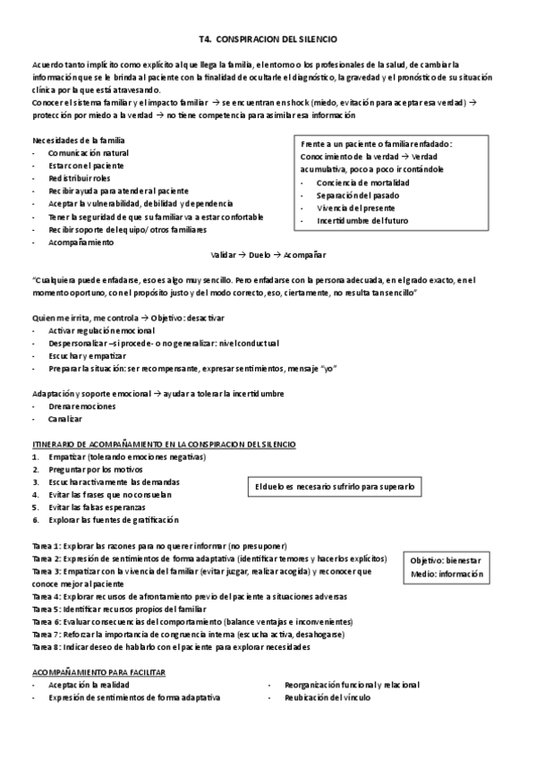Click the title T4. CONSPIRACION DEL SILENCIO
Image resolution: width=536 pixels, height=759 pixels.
[268, 39]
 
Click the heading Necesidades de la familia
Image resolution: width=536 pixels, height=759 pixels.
[79, 141]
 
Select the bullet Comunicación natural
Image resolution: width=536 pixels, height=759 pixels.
[89, 153]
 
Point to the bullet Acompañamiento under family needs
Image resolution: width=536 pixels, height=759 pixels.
[81, 242]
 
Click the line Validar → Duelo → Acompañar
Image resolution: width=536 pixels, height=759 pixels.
[268, 254]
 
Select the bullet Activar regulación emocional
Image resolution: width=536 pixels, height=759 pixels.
[102, 331]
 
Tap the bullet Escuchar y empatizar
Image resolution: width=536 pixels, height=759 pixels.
[88, 356]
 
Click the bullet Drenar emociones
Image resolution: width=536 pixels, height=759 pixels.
[82, 406]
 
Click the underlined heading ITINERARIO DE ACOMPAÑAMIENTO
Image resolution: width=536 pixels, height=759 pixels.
[164, 444]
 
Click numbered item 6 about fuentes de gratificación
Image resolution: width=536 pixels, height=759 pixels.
[114, 519]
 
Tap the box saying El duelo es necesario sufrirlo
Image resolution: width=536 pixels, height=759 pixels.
[334, 487]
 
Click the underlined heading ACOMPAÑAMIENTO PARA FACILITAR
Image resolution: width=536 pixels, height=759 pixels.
[98, 671]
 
